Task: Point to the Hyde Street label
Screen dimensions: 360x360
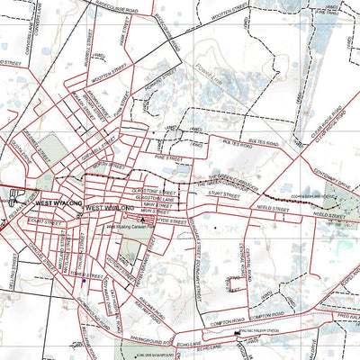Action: (172, 219)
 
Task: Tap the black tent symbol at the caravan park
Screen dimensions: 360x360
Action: (139, 218)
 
